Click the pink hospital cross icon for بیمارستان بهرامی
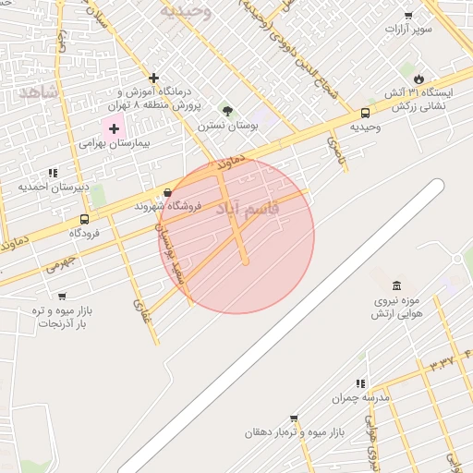click(115, 129)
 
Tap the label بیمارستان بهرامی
click(115, 144)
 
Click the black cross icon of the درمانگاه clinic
click(153, 78)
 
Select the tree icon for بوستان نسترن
click(227, 111)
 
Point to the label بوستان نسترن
click(227, 125)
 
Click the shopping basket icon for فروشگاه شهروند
click(167, 192)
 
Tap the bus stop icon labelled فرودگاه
click(85, 220)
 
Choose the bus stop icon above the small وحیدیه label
click(365, 114)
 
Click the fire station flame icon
click(418, 79)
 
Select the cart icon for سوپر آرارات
click(408, 16)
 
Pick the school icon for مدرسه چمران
click(361, 382)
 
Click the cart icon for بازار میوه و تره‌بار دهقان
click(294, 418)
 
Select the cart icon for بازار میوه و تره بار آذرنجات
click(62, 297)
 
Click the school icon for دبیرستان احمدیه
click(53, 172)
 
